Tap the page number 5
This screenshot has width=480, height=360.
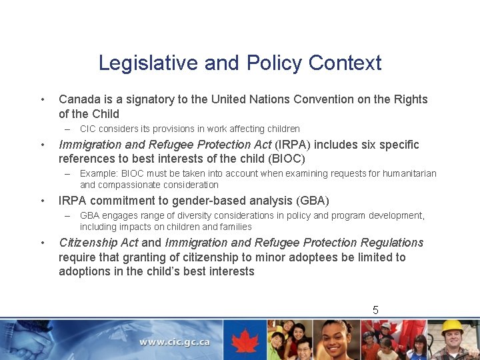pos(375,310)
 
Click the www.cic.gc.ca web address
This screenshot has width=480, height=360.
pos(175,342)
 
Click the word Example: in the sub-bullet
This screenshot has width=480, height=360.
pos(98,173)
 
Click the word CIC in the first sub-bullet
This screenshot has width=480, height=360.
pos(88,129)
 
